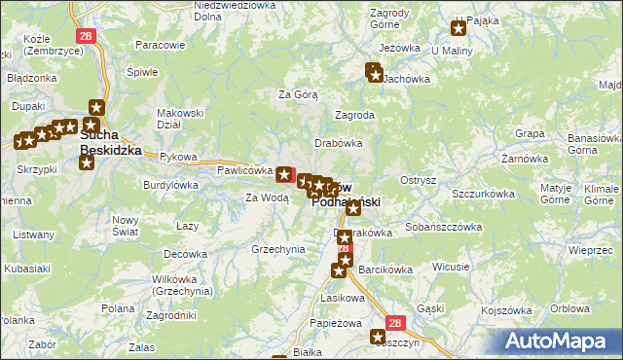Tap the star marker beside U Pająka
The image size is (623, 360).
459,29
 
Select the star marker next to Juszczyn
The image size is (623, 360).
378,337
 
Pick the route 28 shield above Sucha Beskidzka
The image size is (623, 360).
87,36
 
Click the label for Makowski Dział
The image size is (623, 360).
180,118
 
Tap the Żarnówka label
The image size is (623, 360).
522,158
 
